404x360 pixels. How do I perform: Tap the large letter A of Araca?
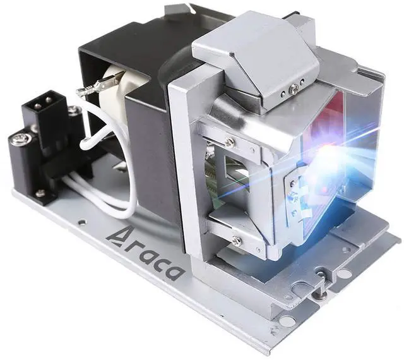116,237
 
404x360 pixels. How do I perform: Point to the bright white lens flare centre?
327,158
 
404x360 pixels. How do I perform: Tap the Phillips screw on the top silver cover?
294,89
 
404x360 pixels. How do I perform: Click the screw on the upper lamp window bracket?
229,141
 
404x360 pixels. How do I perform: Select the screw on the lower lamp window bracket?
236,241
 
